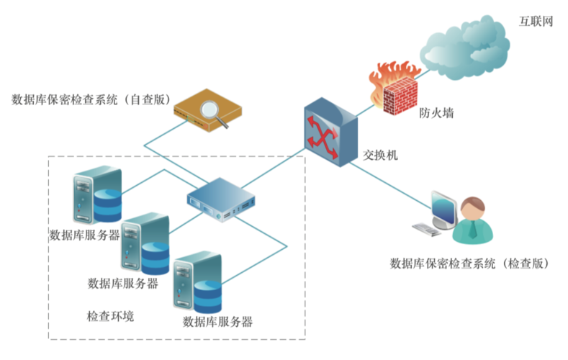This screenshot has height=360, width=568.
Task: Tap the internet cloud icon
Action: click(x=467, y=48)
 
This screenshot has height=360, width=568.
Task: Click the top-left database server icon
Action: click(x=96, y=193)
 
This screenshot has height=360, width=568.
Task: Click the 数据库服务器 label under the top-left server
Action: click(x=84, y=235)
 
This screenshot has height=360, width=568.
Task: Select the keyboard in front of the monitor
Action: click(x=426, y=229)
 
